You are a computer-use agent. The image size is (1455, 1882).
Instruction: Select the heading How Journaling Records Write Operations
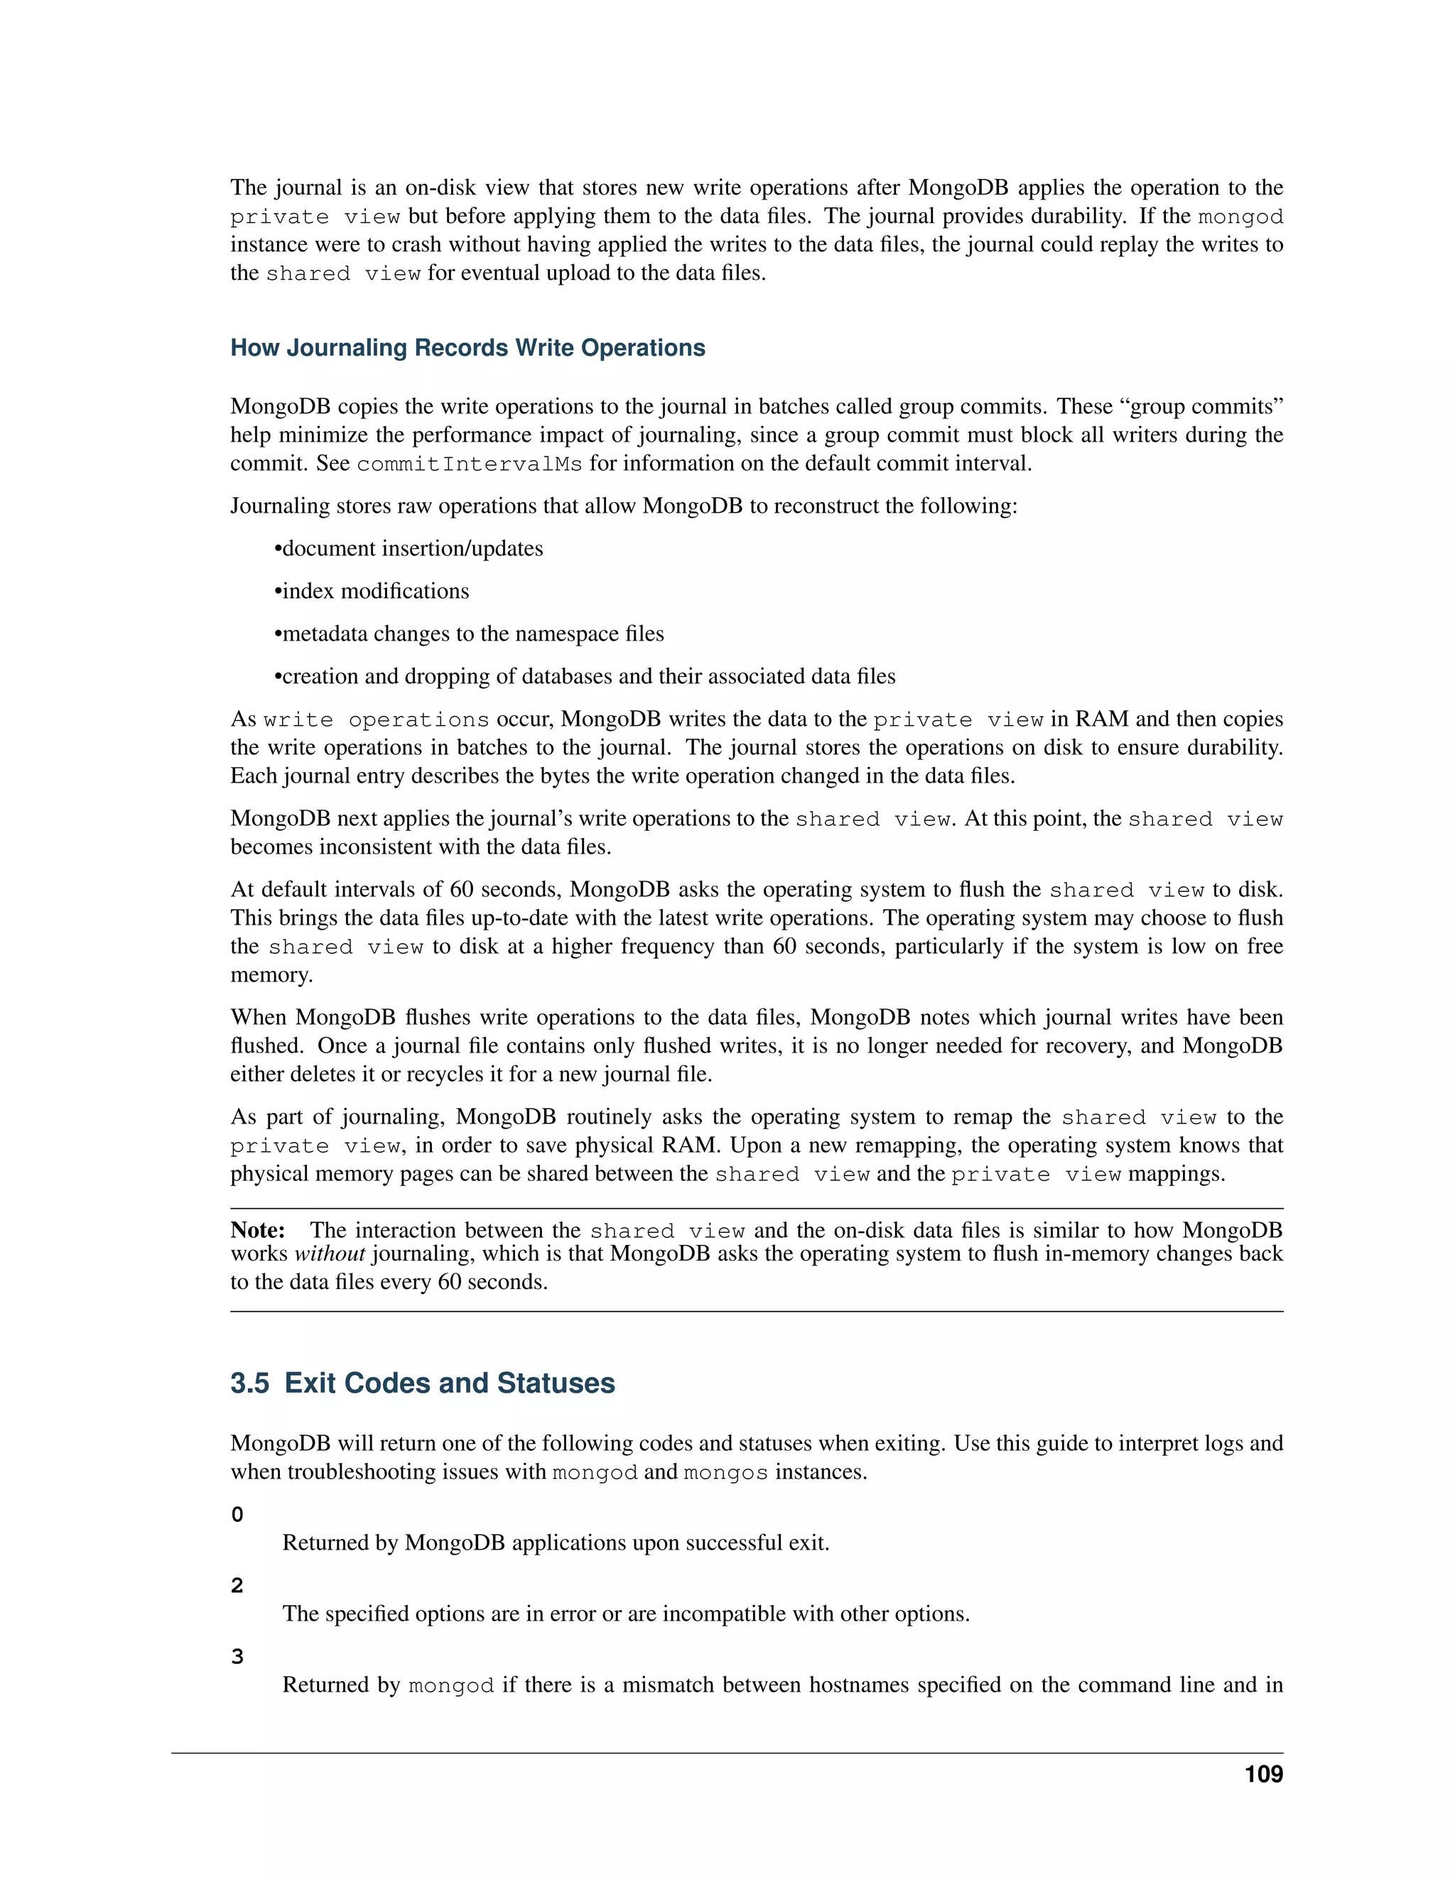point(467,348)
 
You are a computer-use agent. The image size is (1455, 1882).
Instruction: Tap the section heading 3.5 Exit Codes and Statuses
point(423,1383)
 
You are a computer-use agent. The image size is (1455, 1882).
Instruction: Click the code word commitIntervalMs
point(469,464)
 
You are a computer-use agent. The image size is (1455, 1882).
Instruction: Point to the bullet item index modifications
point(375,591)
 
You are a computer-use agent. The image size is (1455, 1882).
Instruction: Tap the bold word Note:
point(258,1229)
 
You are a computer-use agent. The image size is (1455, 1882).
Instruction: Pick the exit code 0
point(237,1515)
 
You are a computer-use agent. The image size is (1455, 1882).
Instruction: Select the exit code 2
point(237,1586)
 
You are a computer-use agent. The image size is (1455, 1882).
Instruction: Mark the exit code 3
point(237,1657)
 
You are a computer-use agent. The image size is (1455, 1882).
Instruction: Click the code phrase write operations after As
point(376,720)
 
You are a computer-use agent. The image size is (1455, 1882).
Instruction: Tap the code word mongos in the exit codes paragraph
point(725,1473)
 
